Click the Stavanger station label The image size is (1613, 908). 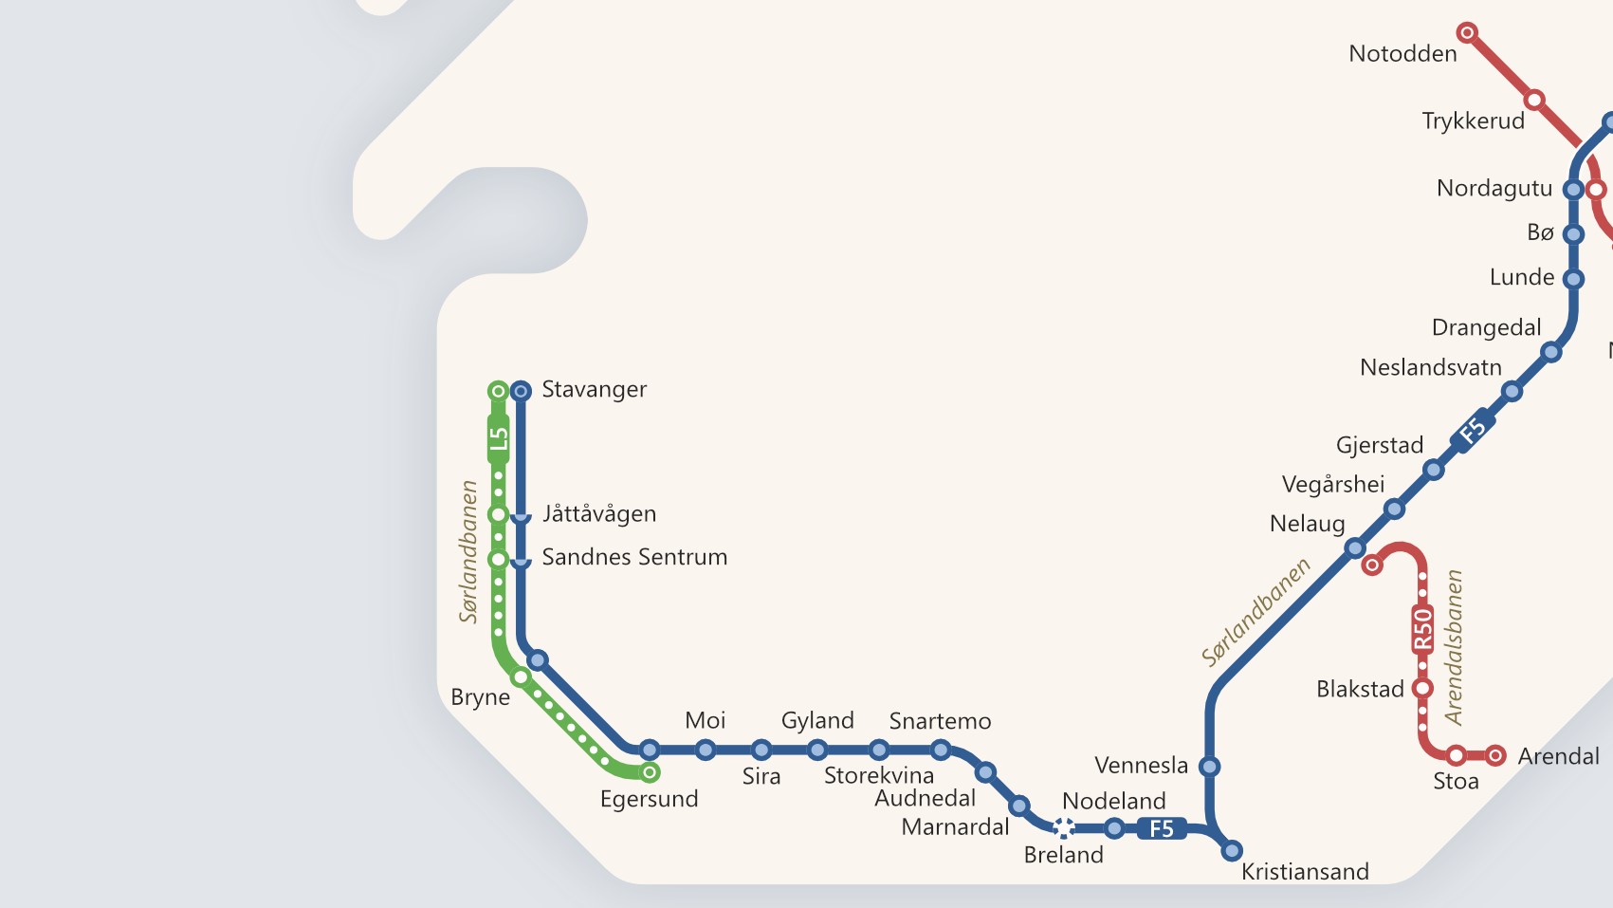click(594, 390)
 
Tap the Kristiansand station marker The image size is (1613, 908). click(1232, 850)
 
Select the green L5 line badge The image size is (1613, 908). click(499, 438)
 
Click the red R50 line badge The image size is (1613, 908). click(1422, 629)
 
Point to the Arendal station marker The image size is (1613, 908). click(1495, 755)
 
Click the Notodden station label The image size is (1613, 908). click(1402, 54)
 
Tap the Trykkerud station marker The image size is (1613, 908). click(1534, 100)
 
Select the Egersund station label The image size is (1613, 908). click(649, 799)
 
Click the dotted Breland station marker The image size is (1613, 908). click(1064, 828)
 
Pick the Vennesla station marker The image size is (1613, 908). click(1209, 766)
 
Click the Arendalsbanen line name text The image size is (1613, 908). click(1454, 647)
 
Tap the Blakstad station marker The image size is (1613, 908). click(1422, 688)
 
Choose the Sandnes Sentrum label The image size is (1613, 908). click(634, 557)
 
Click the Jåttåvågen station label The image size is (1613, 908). click(598, 514)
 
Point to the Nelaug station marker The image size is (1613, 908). click(1355, 547)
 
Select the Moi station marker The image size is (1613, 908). click(705, 750)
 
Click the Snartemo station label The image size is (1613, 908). click(940, 721)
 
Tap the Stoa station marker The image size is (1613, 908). click(1456, 755)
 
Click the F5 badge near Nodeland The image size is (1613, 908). click(1162, 828)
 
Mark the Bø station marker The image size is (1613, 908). click(1573, 233)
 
